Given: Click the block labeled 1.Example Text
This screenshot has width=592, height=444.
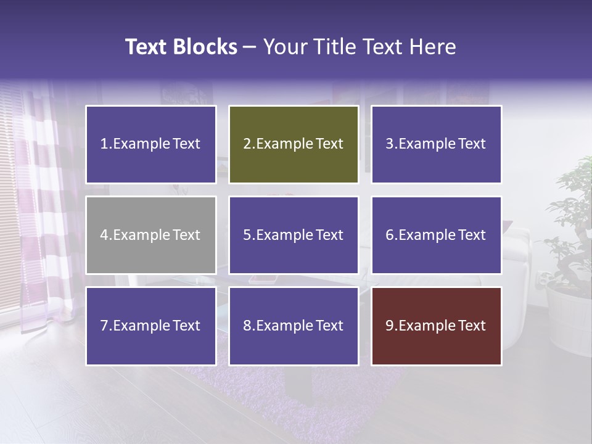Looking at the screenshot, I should coord(151,144).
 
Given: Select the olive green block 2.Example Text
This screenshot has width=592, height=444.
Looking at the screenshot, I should coord(294,144).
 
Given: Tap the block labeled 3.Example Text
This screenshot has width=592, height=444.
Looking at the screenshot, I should coord(436,144).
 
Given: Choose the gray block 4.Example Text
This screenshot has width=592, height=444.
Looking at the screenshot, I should coord(151,235).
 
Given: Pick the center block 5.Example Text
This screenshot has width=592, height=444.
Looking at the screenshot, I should coord(294,235).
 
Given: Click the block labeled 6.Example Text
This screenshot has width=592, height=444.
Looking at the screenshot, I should coord(436,235).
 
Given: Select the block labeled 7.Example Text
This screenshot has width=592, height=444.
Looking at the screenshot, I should coord(151,326).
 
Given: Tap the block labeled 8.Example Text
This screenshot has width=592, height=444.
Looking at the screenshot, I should coord(294,326).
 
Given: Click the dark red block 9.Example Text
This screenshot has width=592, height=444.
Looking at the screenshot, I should coord(436,326).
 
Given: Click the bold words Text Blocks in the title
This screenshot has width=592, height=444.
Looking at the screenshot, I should coord(181,47).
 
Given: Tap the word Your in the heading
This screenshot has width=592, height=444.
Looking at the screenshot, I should coord(284,47).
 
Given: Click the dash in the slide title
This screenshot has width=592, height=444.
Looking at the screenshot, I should coord(250,47).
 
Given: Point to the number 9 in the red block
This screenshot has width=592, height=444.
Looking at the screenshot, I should coord(390,326).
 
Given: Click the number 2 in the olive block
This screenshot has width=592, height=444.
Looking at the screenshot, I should coord(247,144).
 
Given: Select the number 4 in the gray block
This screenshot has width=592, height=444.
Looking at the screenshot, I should coord(104,235).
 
